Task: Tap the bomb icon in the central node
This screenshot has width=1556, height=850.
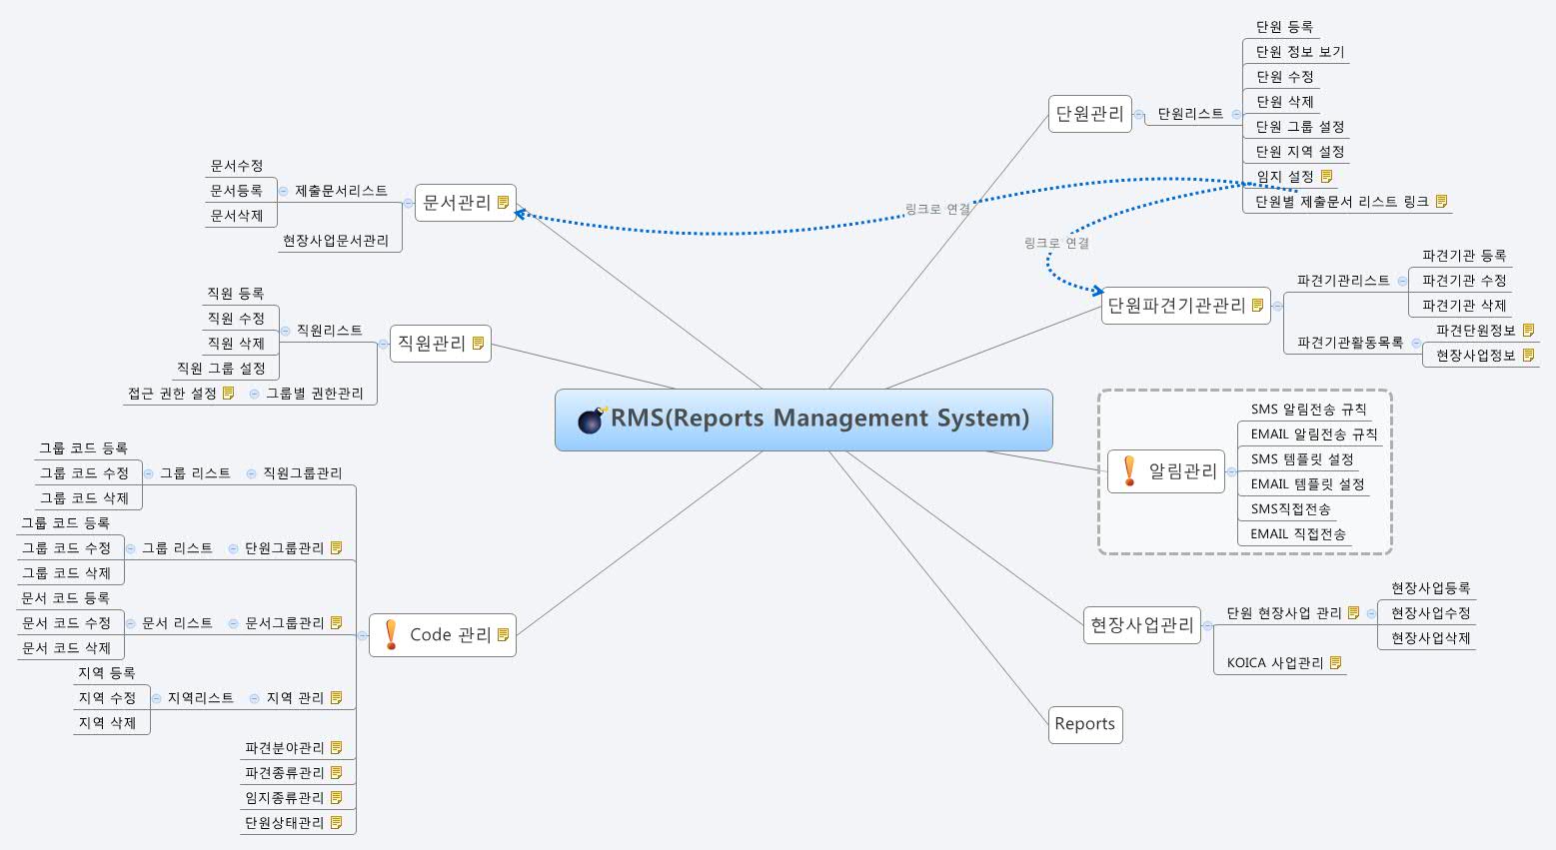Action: (x=592, y=420)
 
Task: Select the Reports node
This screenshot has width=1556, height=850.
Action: (x=1084, y=724)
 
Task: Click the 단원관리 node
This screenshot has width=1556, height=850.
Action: (x=1089, y=114)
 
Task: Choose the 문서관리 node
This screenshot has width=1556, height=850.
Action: (x=457, y=203)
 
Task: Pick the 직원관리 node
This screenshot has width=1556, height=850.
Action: (x=432, y=344)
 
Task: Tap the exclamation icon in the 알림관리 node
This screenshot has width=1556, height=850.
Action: (x=1129, y=470)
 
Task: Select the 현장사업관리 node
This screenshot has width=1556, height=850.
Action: (x=1141, y=625)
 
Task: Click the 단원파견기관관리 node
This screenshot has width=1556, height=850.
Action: (x=1176, y=306)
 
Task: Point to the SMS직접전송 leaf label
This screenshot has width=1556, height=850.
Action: (x=1290, y=509)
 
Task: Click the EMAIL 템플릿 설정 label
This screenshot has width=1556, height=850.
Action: (x=1307, y=484)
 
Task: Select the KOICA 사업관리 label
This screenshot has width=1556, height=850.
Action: (x=1274, y=663)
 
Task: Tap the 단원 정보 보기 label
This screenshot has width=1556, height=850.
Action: (x=1299, y=52)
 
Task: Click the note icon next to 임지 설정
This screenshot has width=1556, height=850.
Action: (x=1327, y=177)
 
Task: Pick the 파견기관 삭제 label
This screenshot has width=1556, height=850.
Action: (x=1463, y=306)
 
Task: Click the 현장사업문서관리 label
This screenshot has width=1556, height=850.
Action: (x=335, y=241)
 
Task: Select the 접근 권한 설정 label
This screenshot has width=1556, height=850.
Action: (x=172, y=394)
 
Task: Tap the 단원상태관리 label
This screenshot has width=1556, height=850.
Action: (x=284, y=823)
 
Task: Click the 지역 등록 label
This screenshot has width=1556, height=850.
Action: (x=107, y=673)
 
